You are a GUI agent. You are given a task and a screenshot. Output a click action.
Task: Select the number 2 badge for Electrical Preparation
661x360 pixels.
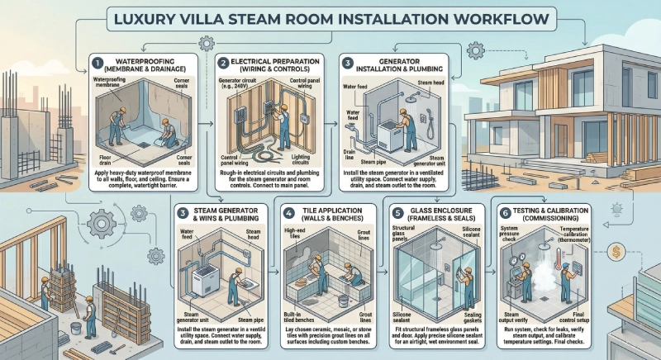coord(223,62)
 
